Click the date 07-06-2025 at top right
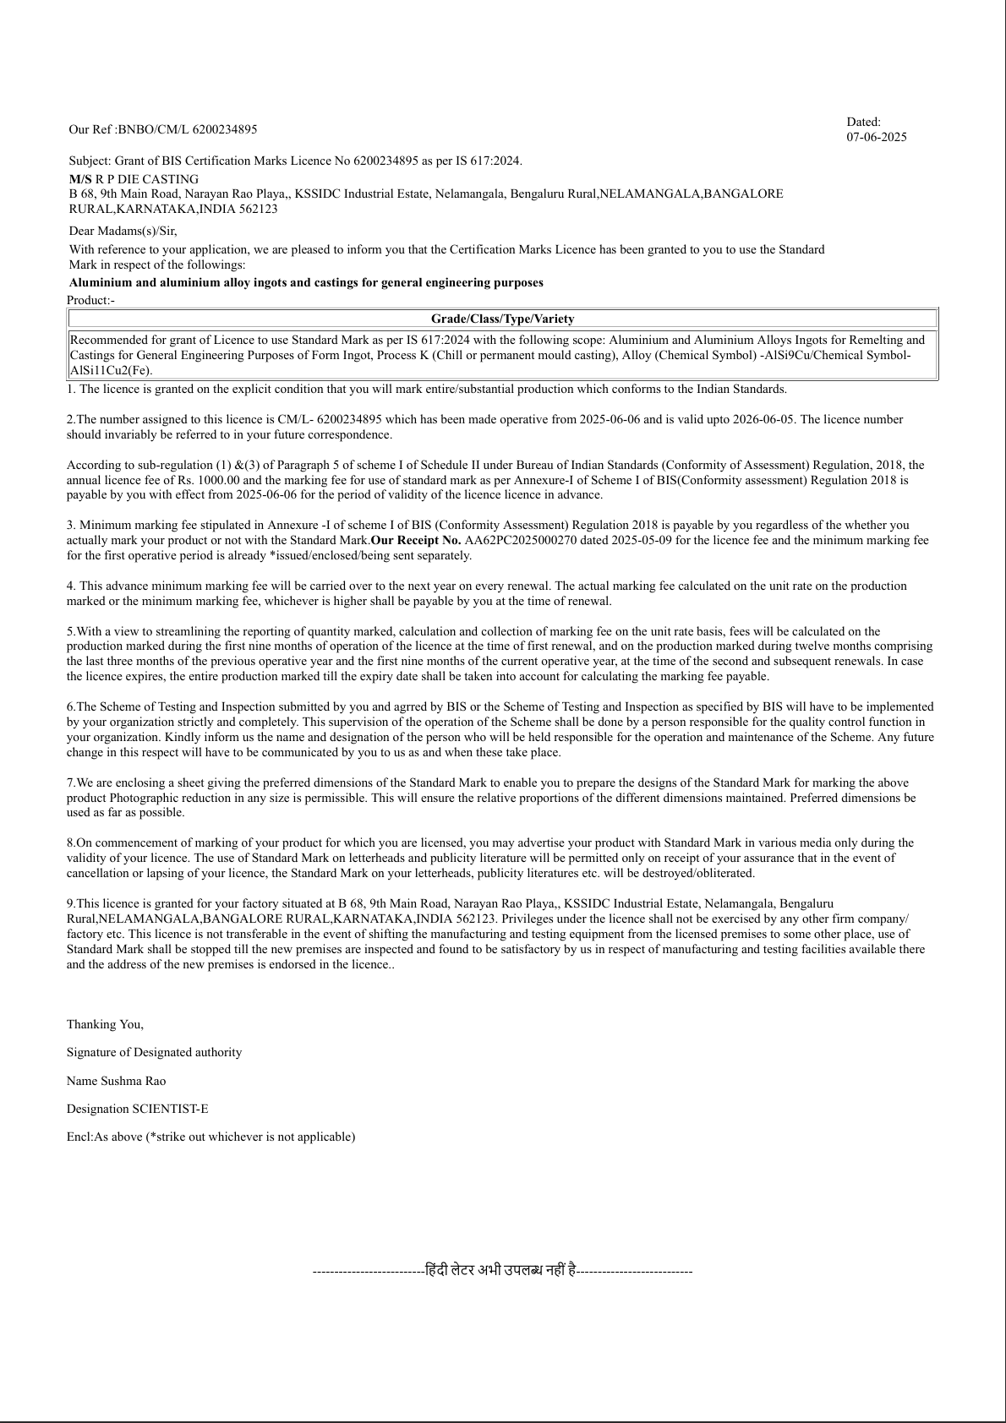876,137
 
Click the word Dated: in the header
863,122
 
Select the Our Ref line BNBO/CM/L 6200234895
163,129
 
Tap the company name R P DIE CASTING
147,179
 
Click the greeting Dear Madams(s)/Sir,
123,231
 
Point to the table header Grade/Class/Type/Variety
502,319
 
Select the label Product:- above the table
90,300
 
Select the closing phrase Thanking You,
105,1024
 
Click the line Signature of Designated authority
154,1052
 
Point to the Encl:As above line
210,1137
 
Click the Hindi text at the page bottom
501,1270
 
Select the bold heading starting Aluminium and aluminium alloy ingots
306,282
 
